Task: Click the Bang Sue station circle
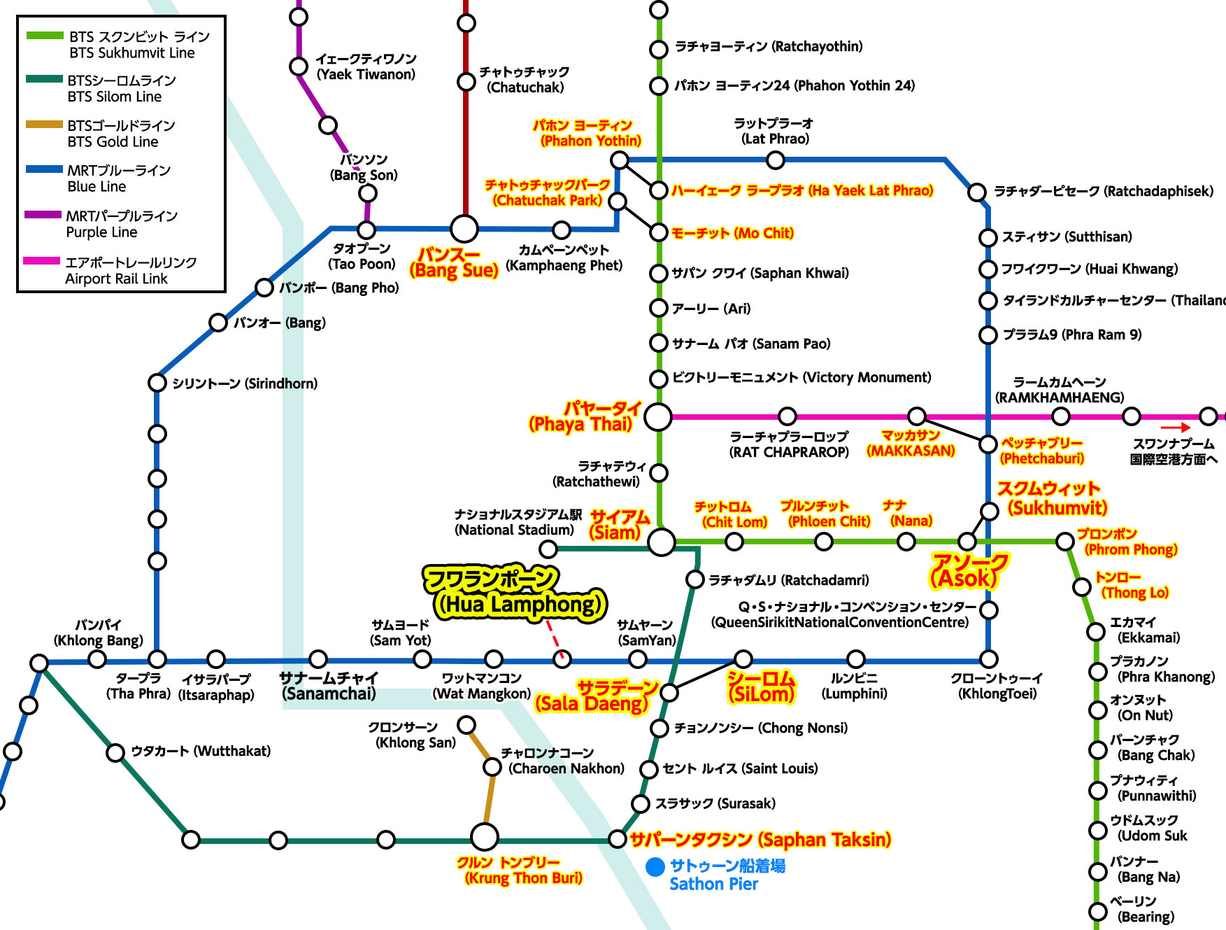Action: pos(464,228)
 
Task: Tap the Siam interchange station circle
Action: pos(661,542)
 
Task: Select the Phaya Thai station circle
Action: pos(657,417)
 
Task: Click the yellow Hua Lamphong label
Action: pos(516,592)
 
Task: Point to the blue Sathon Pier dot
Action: pos(655,867)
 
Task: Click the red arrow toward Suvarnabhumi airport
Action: pos(1175,428)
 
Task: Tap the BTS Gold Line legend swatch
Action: pos(44,125)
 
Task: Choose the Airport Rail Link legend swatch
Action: pos(42,261)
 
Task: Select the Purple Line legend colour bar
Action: pos(43,215)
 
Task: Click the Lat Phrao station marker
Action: pos(775,160)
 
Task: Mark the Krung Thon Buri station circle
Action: pos(484,836)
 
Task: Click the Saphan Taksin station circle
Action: pos(617,838)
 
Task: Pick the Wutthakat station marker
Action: pos(115,752)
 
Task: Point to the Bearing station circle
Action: pos(1097,912)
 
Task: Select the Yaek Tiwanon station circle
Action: pos(299,66)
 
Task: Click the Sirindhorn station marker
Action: pos(157,383)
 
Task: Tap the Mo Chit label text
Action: pos(732,233)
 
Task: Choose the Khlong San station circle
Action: pos(466,724)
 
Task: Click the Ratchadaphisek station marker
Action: pos(977,192)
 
